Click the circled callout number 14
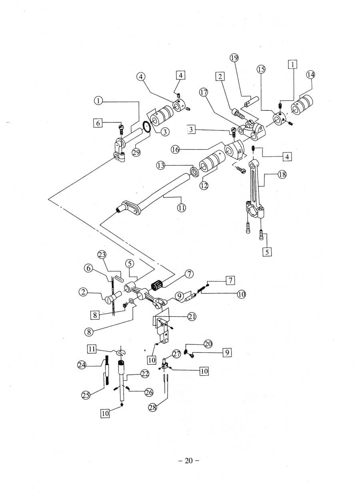click(x=311, y=74)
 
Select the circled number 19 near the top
click(x=234, y=58)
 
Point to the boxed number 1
click(x=293, y=64)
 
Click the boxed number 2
click(x=219, y=76)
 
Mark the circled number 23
click(x=103, y=255)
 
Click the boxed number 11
click(x=92, y=349)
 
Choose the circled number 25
click(x=86, y=395)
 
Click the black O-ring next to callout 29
click(x=147, y=128)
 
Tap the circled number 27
click(x=177, y=354)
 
